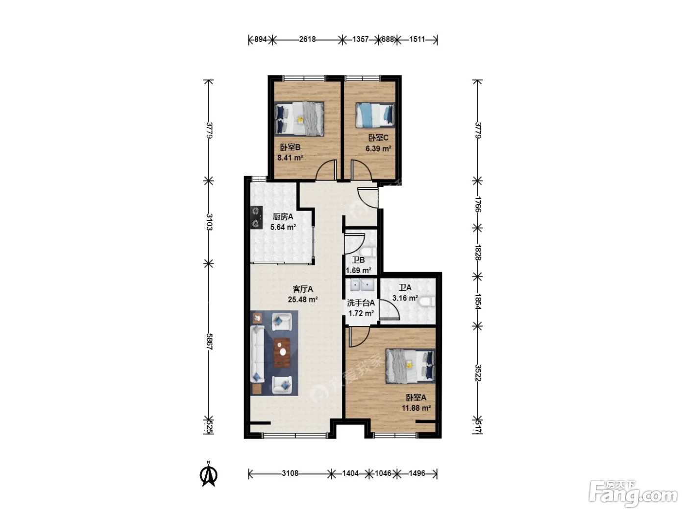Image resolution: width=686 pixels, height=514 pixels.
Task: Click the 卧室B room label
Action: [290, 147]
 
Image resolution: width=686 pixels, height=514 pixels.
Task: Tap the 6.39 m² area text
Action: [378, 148]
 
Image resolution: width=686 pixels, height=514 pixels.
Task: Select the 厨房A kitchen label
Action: [283, 216]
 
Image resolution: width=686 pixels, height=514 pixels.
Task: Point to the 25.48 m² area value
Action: [302, 300]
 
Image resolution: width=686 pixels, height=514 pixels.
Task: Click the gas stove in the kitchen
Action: [256, 217]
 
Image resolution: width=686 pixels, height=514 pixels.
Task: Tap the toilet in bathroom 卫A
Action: [427, 302]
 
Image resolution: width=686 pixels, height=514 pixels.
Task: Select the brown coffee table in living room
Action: [282, 352]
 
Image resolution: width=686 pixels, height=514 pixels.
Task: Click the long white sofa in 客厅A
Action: [257, 354]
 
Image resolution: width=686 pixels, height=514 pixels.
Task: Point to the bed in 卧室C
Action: [375, 116]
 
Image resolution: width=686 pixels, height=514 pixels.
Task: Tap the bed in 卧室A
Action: [410, 366]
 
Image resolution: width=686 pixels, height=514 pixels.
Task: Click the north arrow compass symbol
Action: [208, 475]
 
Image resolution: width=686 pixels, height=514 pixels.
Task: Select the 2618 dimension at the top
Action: [307, 39]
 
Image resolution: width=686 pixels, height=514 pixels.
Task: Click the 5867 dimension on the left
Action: [209, 341]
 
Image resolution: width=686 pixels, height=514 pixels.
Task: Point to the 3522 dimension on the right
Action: [478, 373]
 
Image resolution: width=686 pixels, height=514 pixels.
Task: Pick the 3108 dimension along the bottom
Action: [290, 473]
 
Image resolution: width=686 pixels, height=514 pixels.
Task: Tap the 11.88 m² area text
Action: [416, 408]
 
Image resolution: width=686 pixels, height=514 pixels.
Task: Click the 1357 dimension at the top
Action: [360, 39]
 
